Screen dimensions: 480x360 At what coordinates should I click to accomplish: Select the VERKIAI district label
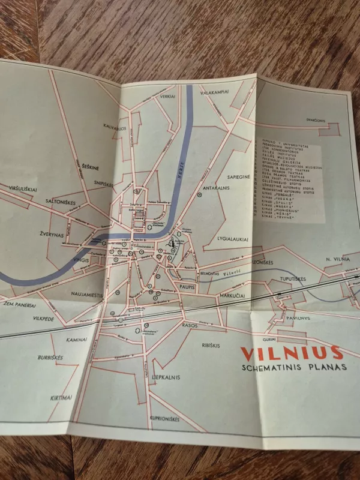(167, 96)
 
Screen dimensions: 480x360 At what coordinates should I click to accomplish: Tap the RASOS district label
(191, 325)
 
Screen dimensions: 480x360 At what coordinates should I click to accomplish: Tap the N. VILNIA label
(338, 258)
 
